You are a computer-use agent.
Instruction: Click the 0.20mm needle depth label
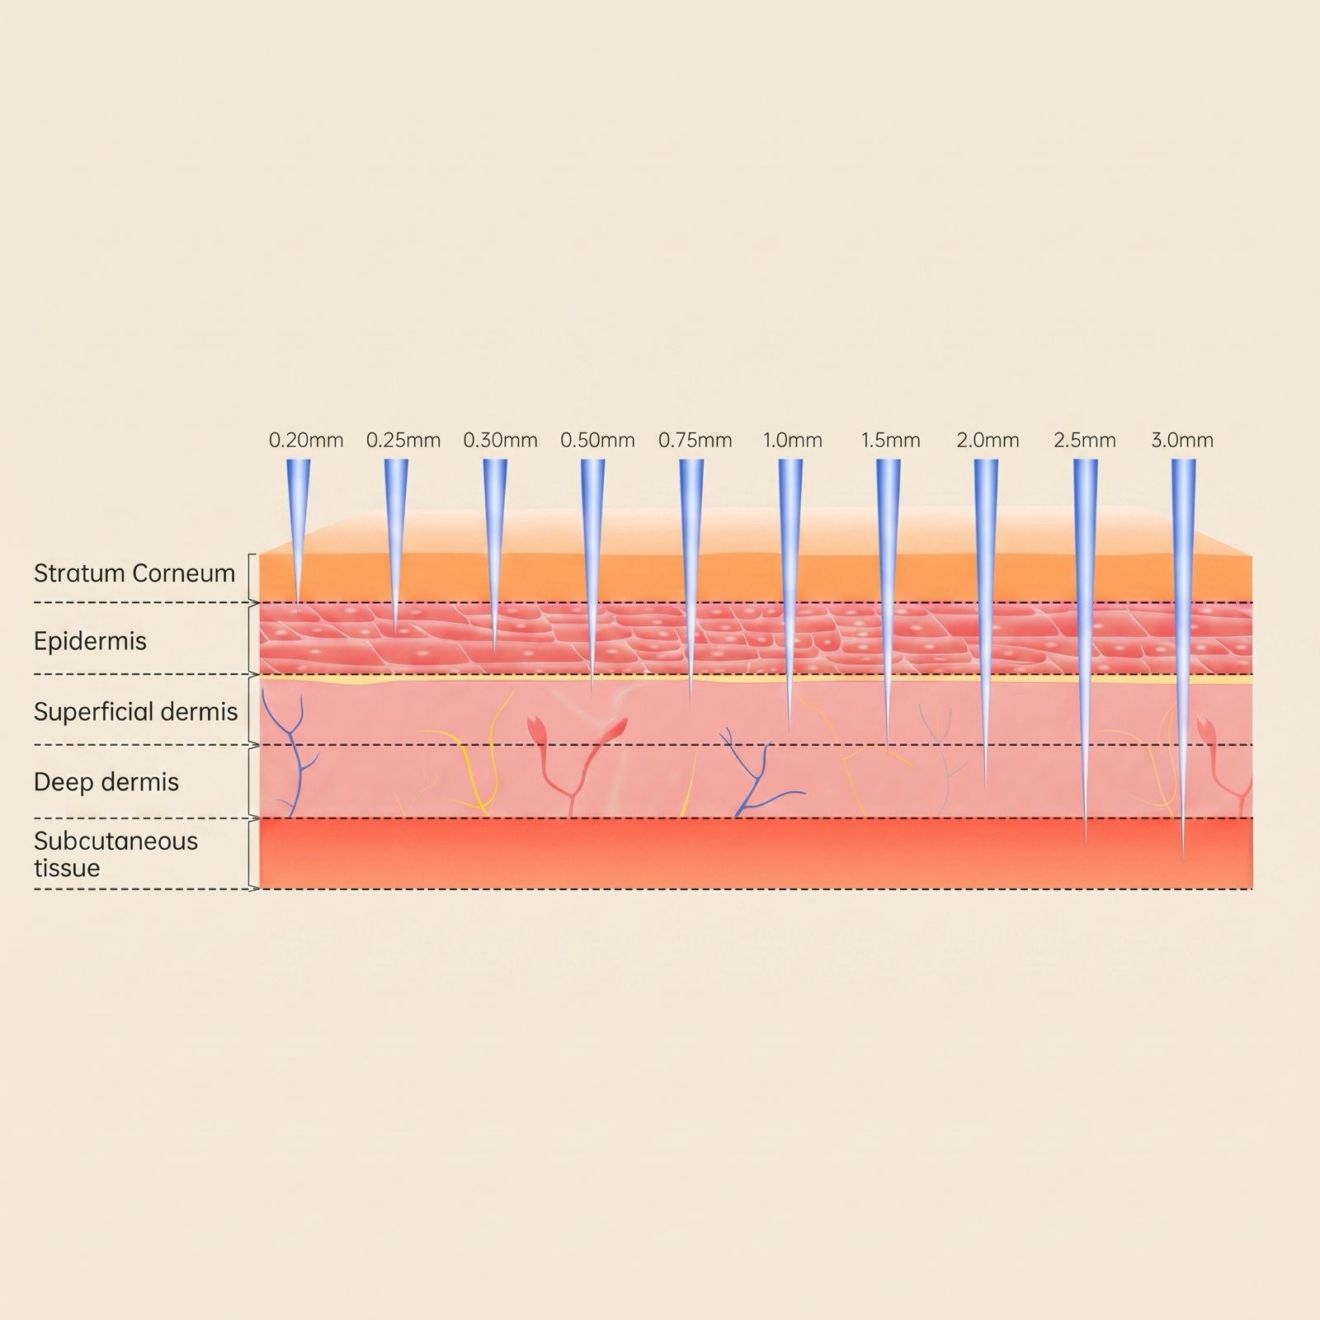pyautogui.click(x=306, y=441)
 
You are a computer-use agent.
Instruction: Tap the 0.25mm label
pyautogui.click(x=403, y=441)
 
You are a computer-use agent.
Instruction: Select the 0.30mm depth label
pyautogui.click(x=500, y=441)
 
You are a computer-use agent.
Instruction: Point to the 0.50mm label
pyautogui.click(x=597, y=441)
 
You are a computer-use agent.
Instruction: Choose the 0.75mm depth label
pyautogui.click(x=695, y=441)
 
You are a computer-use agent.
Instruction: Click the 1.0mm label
pyautogui.click(x=792, y=441)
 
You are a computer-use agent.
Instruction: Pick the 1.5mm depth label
pyautogui.click(x=890, y=441)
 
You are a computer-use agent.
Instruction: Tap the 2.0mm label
pyautogui.click(x=988, y=441)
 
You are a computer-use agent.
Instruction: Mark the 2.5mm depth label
pyautogui.click(x=1085, y=441)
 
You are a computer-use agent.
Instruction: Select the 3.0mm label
pyautogui.click(x=1182, y=441)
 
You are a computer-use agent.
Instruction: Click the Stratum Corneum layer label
pyautogui.click(x=134, y=573)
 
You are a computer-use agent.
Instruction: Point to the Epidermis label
pyautogui.click(x=90, y=642)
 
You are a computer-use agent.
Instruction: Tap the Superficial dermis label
pyautogui.click(x=136, y=712)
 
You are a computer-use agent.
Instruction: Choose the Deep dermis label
pyautogui.click(x=106, y=782)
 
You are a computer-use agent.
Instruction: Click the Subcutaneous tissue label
pyautogui.click(x=116, y=855)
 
